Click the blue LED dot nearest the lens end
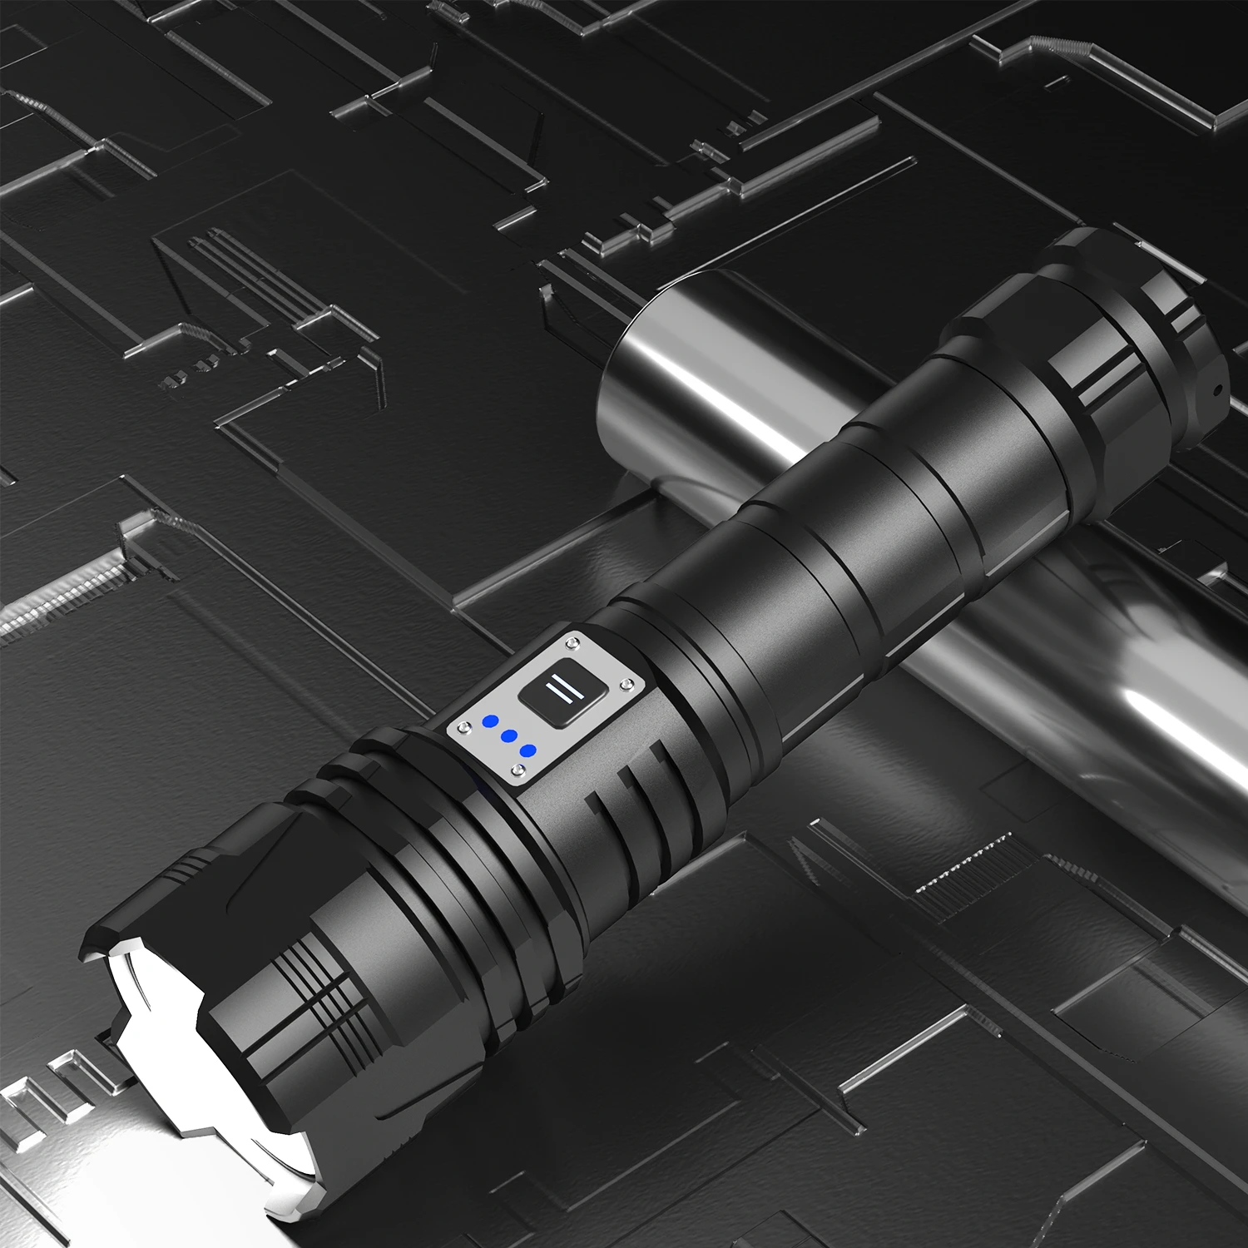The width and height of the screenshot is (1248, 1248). [490, 721]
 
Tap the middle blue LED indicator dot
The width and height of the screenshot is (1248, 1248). [509, 736]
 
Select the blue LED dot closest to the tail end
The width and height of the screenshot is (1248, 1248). [527, 750]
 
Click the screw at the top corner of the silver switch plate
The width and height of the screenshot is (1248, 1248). [572, 641]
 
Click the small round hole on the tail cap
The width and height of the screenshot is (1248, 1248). [1216, 389]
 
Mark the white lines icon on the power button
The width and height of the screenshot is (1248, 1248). [554, 691]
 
